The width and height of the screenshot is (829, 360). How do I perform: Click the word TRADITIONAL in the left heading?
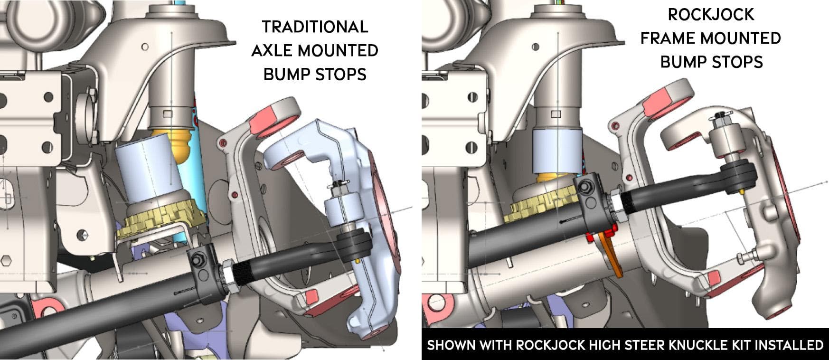pos(315,27)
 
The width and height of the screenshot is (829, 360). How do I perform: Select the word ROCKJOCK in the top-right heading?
pos(711,15)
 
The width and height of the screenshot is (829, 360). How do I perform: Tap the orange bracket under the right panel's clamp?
pos(612,256)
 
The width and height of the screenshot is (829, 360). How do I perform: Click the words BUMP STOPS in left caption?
pos(315,74)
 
